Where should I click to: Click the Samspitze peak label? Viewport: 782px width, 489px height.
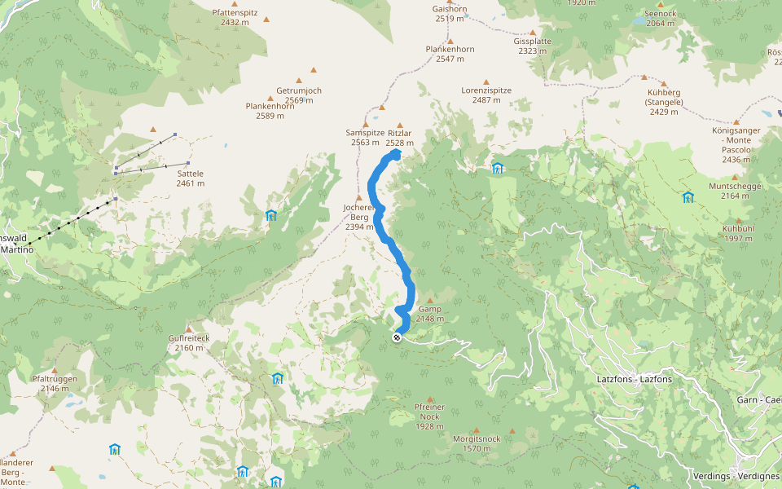tap(365, 137)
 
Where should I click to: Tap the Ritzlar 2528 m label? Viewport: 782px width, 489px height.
tap(400, 137)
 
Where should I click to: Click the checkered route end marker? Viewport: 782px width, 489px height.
tap(397, 337)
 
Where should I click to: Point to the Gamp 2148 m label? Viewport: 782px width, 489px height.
tap(429, 314)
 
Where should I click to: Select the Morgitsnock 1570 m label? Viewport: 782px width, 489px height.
tap(477, 443)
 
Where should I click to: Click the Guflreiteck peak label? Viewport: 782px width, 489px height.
tap(189, 342)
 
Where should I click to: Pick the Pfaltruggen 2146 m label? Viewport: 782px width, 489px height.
tap(55, 383)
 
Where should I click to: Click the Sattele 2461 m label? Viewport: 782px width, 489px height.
tap(190, 178)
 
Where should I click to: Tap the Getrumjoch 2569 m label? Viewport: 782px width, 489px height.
tap(299, 95)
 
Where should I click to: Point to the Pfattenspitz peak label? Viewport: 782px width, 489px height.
tap(235, 17)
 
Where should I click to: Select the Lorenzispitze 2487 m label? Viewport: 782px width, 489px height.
tap(486, 95)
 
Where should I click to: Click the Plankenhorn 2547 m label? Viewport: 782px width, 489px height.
tap(450, 54)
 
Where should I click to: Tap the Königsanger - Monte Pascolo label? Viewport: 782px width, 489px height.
tap(736, 144)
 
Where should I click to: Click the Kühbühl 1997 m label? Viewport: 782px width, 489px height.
tap(739, 233)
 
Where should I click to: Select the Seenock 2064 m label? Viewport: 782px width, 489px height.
tap(660, 18)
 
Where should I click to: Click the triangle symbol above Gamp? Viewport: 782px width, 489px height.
tap(429, 300)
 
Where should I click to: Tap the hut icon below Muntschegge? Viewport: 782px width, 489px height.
tap(688, 197)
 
